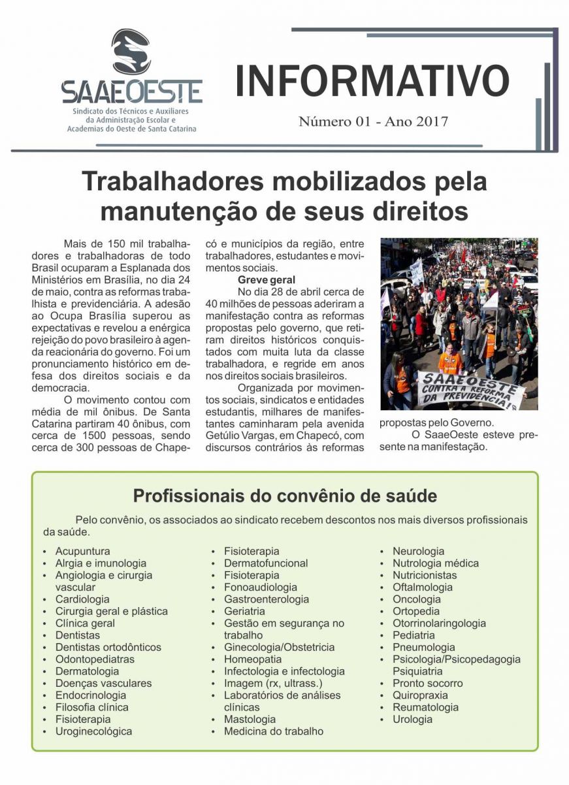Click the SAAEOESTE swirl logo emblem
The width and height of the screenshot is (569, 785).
(x=131, y=52)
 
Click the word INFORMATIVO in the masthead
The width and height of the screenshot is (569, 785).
(x=372, y=81)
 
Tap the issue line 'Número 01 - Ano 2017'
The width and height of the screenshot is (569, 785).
(x=373, y=122)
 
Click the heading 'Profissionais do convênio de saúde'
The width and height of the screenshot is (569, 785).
(x=285, y=495)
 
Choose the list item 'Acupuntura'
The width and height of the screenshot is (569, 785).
(x=82, y=551)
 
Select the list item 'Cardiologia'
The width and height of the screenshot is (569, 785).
(x=82, y=599)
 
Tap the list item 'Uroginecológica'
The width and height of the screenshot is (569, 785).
(x=93, y=731)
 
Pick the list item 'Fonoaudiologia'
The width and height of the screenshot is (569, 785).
(x=260, y=587)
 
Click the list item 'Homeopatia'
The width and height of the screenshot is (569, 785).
(x=253, y=659)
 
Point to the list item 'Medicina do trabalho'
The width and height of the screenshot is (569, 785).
(x=273, y=731)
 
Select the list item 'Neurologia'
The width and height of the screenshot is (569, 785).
(x=418, y=551)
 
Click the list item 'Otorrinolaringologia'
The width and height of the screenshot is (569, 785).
(x=439, y=623)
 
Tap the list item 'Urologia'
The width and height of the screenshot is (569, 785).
(x=412, y=720)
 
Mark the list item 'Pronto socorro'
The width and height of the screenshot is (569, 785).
(x=427, y=684)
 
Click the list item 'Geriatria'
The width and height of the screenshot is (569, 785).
(x=244, y=612)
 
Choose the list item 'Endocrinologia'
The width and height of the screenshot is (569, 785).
(x=90, y=695)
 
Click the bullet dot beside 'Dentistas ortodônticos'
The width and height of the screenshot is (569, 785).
(x=44, y=648)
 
